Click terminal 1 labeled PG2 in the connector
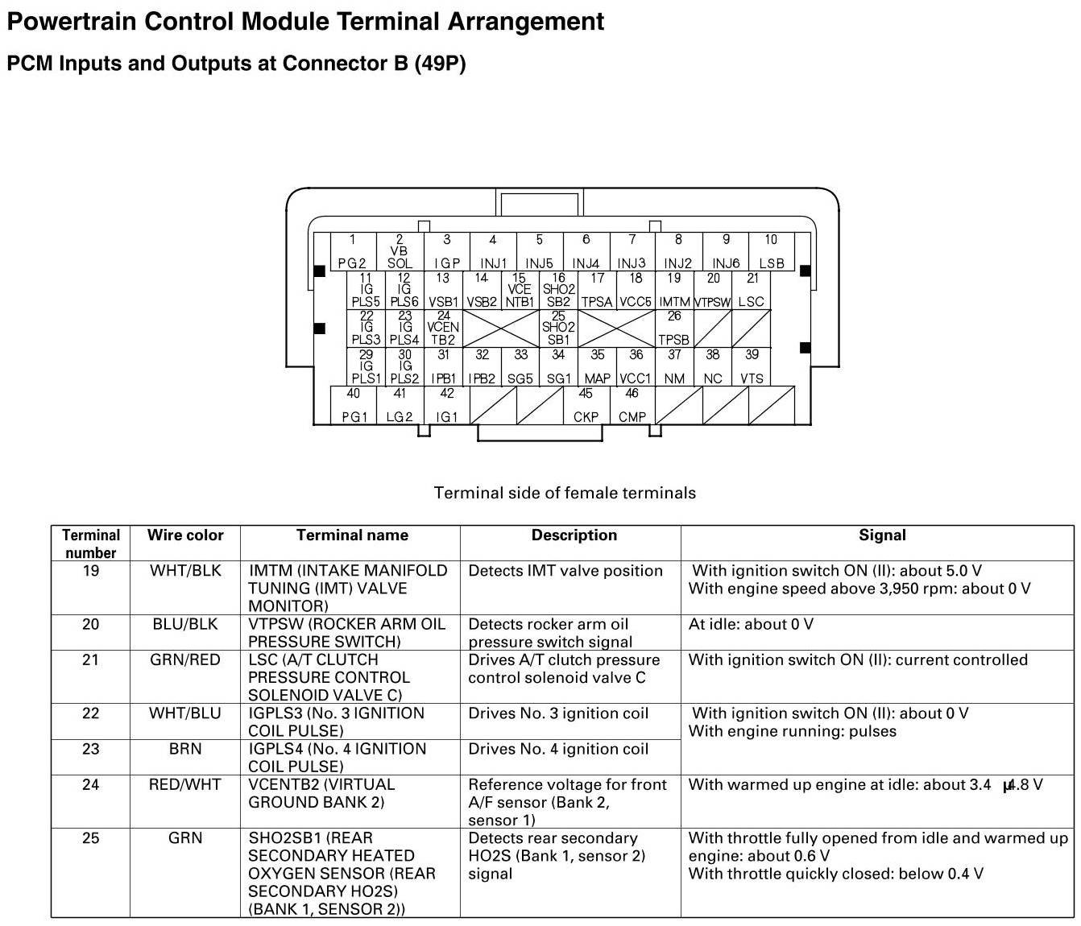pos(352,252)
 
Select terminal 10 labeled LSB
pos(771,252)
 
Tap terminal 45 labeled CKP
pos(586,406)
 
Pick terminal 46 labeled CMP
pos(632,406)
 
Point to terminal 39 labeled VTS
pos(752,366)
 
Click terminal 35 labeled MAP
pos(597,366)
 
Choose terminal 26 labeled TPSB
pos(674,328)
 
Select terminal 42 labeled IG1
pos(446,406)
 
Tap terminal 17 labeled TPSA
pos(597,290)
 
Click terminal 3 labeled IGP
pos(446,252)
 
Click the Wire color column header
pos(185,535)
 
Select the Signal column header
pos(882,535)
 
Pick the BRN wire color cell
pos(185,749)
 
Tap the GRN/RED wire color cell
pos(185,660)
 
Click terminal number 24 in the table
pos(91,784)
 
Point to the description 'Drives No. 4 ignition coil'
pos(558,749)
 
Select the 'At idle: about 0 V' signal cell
pos(751,624)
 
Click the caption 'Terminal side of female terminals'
pos(565,493)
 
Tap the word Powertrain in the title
pos(72,21)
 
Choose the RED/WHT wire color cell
pos(185,784)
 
